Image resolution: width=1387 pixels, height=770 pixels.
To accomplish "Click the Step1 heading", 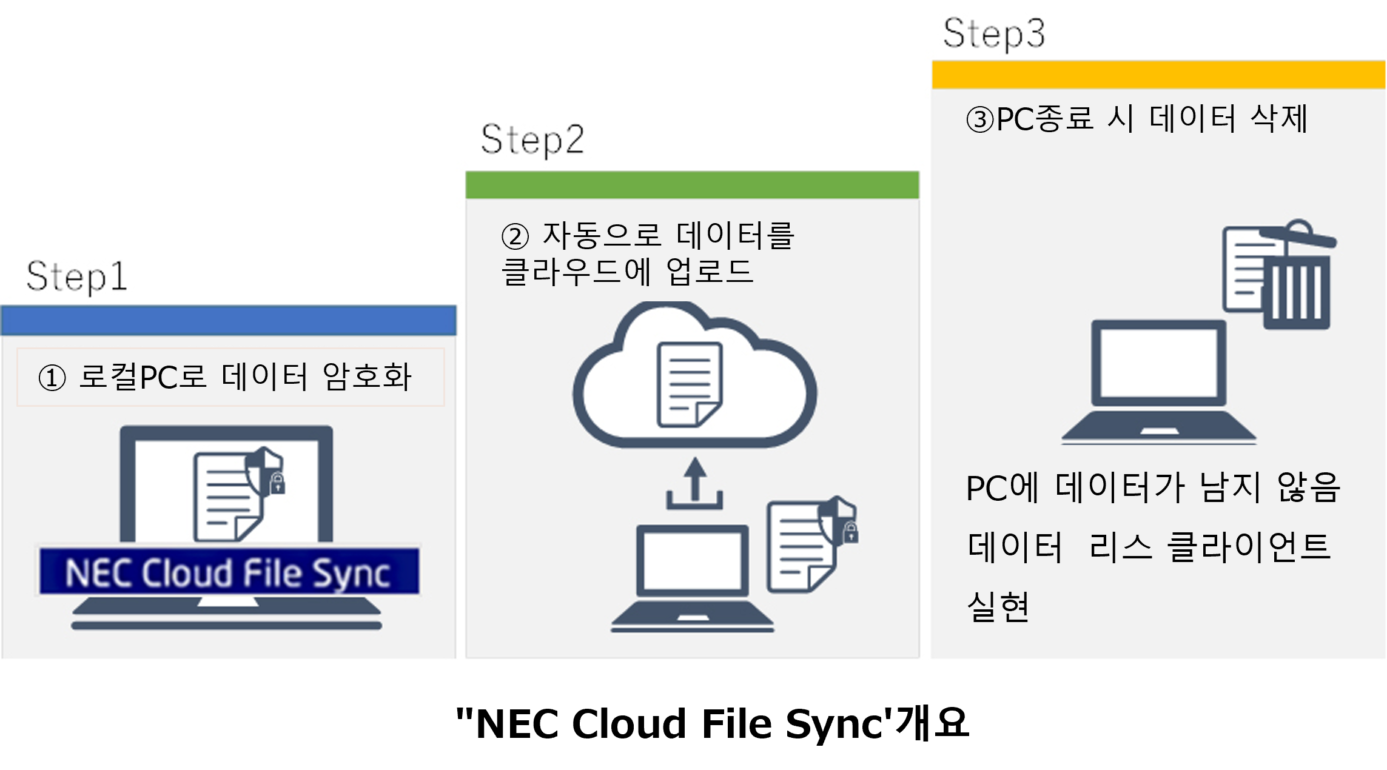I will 77,276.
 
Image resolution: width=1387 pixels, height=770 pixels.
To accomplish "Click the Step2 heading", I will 532,139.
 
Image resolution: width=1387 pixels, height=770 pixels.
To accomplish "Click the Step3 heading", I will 994,33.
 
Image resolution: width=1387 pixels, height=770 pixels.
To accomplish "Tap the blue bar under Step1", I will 229,320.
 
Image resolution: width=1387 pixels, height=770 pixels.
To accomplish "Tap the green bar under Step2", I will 692,185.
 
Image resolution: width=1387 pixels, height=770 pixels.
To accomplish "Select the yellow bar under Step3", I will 1158,75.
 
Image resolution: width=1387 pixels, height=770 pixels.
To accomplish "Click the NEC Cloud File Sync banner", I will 229,572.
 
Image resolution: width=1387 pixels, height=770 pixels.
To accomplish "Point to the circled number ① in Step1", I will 52,378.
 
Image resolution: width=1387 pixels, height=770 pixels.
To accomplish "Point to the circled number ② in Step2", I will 515,236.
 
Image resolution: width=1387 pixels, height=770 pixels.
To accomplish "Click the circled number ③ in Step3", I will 979,119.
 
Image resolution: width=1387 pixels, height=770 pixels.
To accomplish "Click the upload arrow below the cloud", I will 695,483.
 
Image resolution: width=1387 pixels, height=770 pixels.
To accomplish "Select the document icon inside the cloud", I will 690,384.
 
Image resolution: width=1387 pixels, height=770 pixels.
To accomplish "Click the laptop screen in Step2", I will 692,560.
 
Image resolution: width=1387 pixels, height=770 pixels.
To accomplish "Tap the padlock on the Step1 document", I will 277,484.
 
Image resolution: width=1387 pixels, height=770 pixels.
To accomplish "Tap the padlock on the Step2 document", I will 851,533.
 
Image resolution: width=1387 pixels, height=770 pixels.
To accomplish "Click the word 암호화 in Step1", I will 368,377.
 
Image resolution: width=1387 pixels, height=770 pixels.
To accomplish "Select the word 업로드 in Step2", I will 709,271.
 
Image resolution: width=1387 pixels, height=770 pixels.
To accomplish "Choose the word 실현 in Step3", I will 998,606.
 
